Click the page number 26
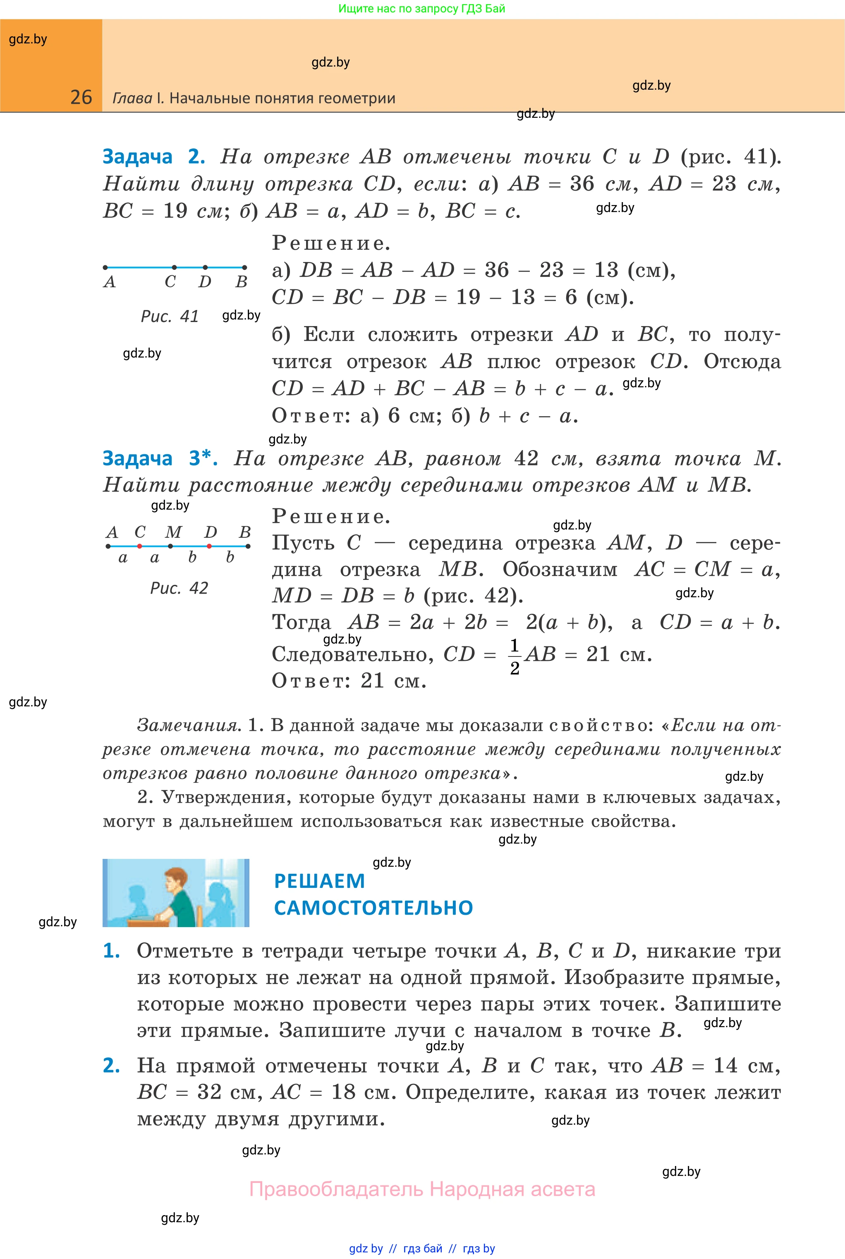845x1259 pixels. click(81, 97)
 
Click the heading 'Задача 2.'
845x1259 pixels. click(153, 157)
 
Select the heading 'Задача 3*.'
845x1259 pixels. click(160, 458)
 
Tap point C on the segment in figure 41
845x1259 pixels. click(174, 267)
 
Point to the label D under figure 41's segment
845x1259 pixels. click(205, 281)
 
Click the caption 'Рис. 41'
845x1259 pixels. click(170, 316)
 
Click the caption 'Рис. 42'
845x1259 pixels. click(179, 588)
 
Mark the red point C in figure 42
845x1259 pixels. click(139, 546)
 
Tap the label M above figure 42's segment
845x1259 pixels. click(173, 532)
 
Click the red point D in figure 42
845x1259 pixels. click(209, 546)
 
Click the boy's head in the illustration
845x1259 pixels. click(174, 882)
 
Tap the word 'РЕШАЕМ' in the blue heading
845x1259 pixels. click(320, 881)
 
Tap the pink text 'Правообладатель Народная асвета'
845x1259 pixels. click(422, 1189)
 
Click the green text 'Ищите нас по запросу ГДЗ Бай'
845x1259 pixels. click(421, 9)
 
